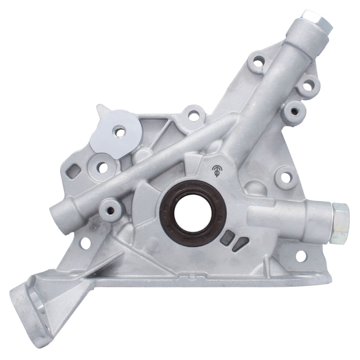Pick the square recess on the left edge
click(x=73, y=172)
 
